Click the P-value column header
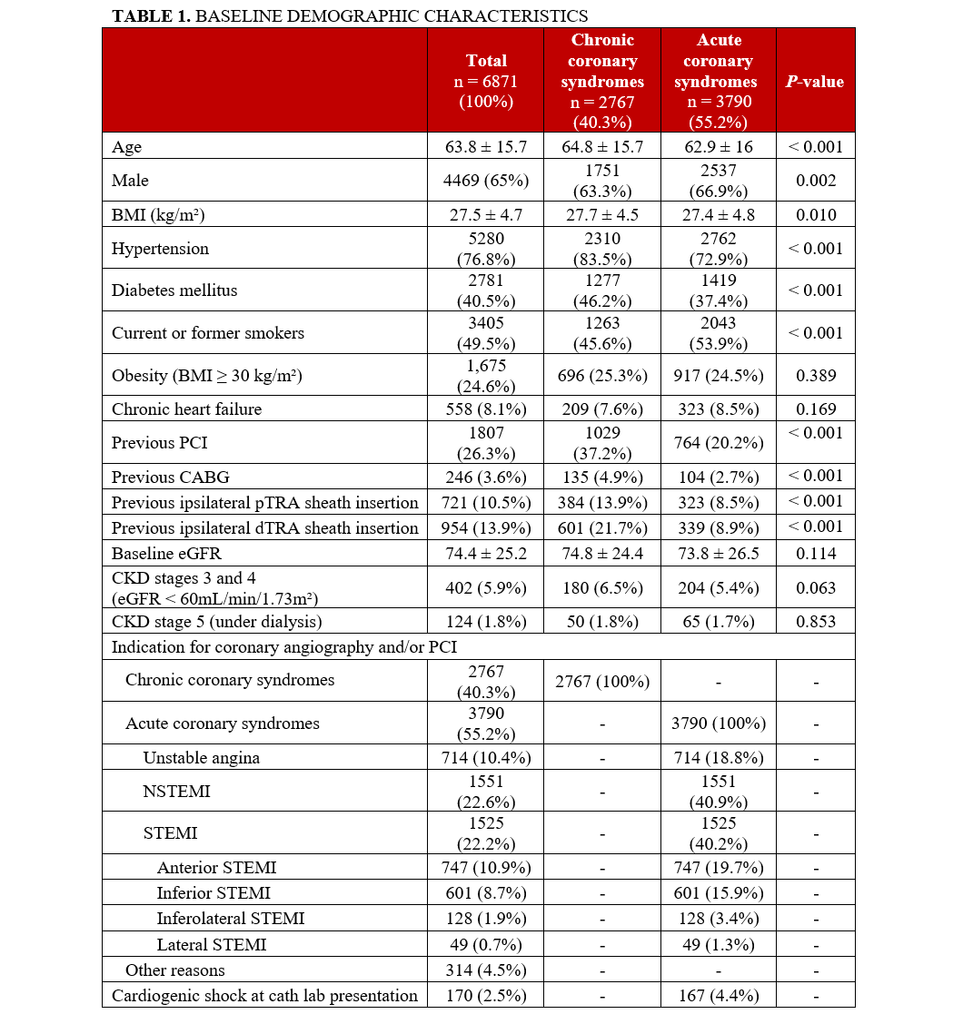coord(815,82)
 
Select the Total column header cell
coord(486,81)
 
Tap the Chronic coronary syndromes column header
coord(602,81)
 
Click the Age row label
coord(127,147)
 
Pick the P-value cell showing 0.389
coord(815,375)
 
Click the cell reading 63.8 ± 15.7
coord(486,147)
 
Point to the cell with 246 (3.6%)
coord(486,477)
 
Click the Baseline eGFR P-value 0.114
coord(815,553)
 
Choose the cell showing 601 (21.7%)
coord(602,527)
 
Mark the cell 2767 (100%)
coord(602,681)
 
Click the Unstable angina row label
coord(201,758)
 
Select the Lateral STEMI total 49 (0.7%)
coord(486,944)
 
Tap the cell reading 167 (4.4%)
coord(718,995)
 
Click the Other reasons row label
coord(174,970)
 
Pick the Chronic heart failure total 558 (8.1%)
coord(486,409)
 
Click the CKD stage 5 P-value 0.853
coord(815,621)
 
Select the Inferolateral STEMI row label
coord(230,918)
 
